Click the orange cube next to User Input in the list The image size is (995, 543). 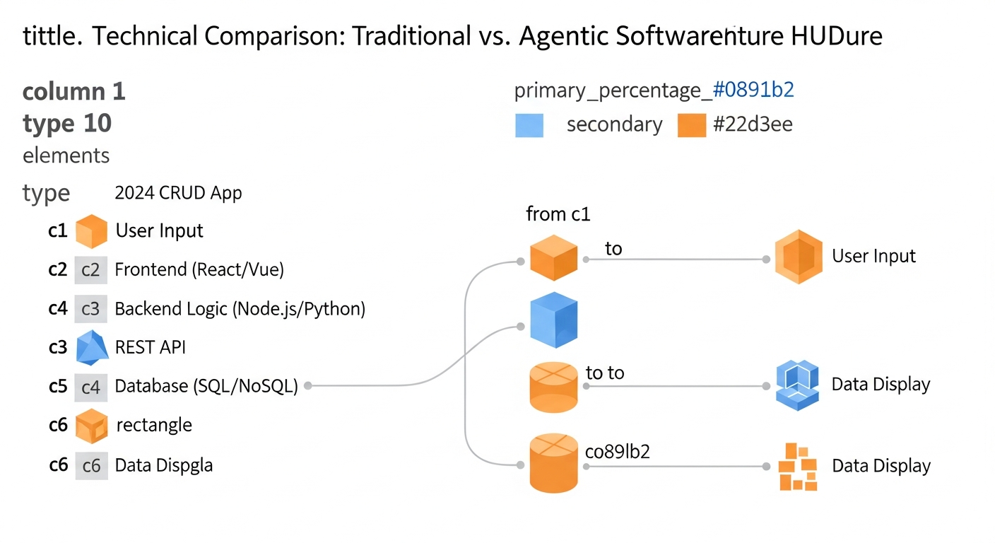point(91,231)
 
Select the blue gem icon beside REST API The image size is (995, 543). point(91,347)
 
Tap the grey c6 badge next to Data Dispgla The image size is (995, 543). point(91,465)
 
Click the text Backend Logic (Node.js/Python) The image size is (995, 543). point(240,309)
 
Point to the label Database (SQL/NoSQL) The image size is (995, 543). point(206,386)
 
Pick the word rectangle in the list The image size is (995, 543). point(153,425)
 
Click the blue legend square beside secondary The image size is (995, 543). point(529,125)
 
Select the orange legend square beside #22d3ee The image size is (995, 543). point(692,125)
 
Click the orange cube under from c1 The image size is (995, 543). point(554,258)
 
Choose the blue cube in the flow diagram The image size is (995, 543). point(554,320)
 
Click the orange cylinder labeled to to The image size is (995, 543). point(554,386)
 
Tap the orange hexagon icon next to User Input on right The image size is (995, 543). point(798,257)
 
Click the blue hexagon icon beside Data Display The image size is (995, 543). point(796,384)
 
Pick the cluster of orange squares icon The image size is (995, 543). point(797,467)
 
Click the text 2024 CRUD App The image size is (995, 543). point(178,193)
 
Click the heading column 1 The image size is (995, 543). point(74,91)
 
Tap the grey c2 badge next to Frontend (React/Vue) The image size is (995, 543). point(91,269)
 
